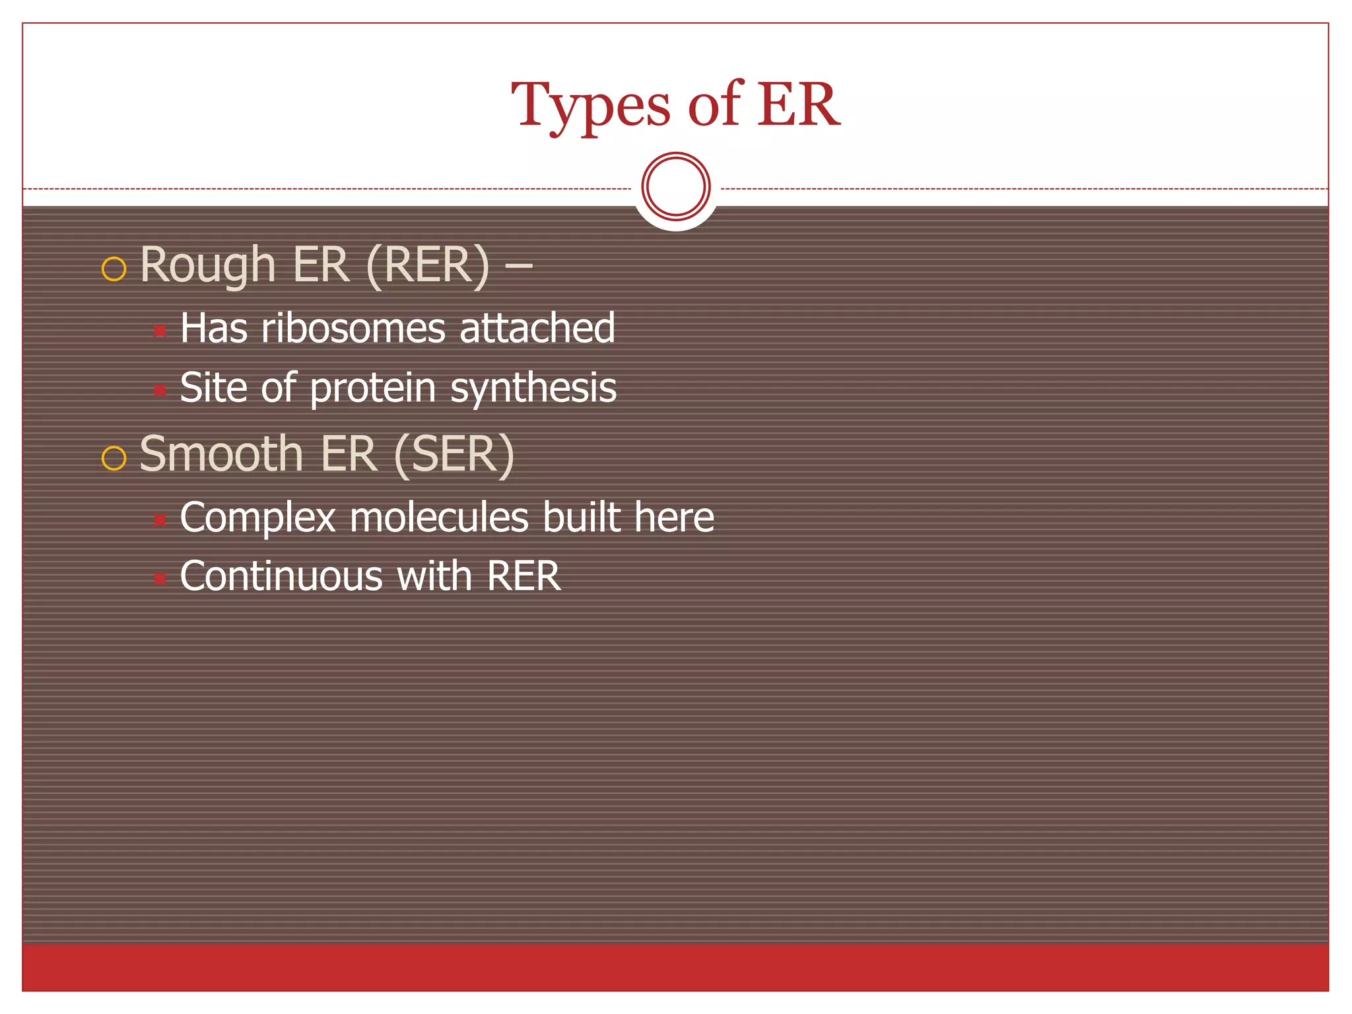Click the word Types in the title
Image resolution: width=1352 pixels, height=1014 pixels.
(x=591, y=106)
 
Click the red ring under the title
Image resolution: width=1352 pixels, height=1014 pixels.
(x=676, y=186)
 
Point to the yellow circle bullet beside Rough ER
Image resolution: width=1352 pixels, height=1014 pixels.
(x=114, y=269)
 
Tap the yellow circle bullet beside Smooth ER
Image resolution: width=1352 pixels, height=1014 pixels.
(x=114, y=457)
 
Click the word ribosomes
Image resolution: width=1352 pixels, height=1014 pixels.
(x=353, y=328)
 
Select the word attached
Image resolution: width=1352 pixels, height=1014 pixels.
(x=537, y=328)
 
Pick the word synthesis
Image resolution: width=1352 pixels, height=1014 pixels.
(x=533, y=388)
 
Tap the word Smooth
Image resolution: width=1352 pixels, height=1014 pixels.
(x=221, y=454)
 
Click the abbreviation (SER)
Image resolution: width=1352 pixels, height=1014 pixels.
(x=454, y=454)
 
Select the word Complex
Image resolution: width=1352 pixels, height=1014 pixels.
(x=257, y=517)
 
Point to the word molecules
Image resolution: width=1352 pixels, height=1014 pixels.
(x=439, y=517)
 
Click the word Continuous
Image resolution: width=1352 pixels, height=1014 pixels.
(x=281, y=576)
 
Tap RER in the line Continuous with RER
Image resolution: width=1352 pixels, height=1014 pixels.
(x=524, y=576)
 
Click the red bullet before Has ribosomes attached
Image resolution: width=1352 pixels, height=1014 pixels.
(x=160, y=330)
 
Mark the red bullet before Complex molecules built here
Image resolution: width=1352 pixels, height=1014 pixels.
(x=160, y=520)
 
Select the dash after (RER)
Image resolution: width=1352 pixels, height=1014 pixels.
(x=519, y=266)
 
